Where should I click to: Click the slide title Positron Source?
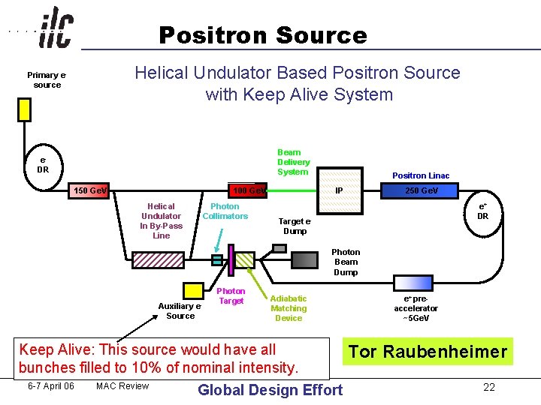point(262,35)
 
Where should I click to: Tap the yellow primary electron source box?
point(25,109)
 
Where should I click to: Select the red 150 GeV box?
point(89,190)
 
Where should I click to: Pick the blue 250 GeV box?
point(421,190)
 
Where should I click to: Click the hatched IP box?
point(339,190)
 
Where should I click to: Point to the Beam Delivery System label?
point(293,162)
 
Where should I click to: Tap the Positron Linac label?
point(421,175)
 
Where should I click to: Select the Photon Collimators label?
point(225,211)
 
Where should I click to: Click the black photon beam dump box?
point(305,259)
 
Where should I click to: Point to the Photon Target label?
point(231,296)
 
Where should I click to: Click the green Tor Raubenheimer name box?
point(428,352)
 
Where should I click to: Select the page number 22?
point(488,387)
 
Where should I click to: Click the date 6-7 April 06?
point(50,386)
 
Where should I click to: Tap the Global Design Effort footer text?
point(270,389)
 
